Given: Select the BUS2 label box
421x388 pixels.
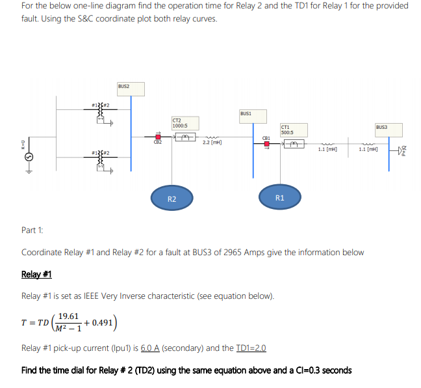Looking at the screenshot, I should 123,86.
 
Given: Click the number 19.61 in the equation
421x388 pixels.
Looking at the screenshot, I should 68,316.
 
